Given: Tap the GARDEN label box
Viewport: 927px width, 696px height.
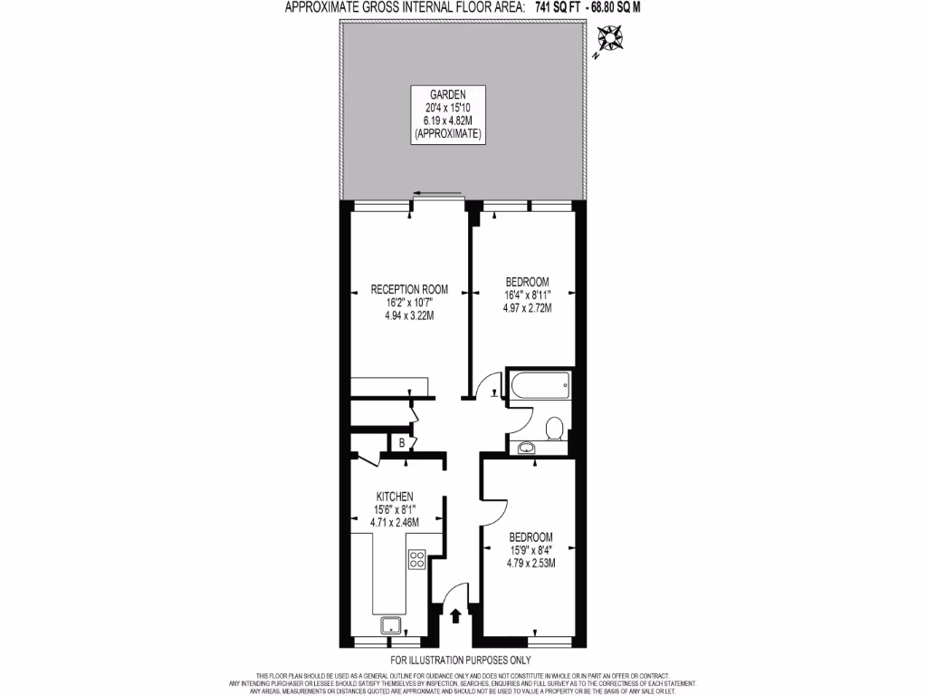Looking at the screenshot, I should click(448, 113).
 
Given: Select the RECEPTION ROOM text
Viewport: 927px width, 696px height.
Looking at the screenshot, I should click(409, 290).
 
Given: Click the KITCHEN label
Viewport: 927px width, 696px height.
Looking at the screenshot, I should click(396, 497).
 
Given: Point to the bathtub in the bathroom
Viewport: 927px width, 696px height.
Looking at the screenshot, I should click(540, 388).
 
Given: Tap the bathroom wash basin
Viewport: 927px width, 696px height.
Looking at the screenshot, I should click(526, 446).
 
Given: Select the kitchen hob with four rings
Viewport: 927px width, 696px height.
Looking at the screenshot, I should click(417, 559).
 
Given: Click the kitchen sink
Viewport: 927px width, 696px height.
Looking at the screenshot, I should click(392, 623).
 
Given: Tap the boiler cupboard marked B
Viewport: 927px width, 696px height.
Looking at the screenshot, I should click(400, 443).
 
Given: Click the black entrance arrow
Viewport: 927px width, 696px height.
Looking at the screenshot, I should click(454, 616).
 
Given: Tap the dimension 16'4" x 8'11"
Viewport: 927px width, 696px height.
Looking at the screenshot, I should click(528, 295).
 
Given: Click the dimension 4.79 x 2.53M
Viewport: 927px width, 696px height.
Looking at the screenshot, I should click(530, 562).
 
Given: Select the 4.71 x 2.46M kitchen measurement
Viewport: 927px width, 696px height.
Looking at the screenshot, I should click(396, 522).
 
